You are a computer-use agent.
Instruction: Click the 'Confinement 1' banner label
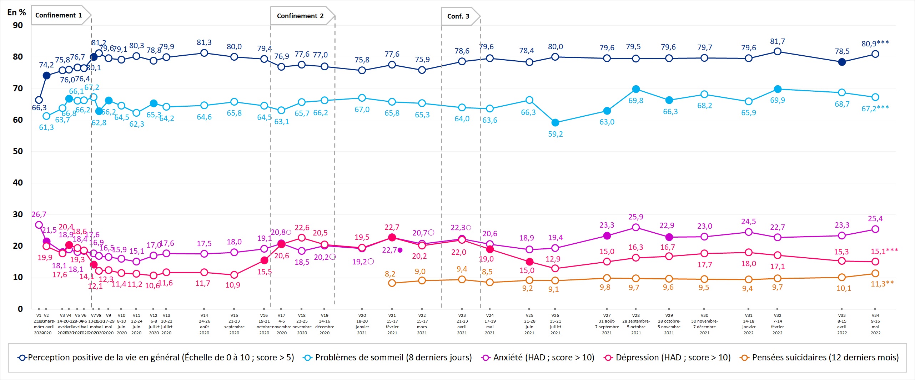[x=59, y=15]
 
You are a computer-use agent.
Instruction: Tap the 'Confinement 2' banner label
[x=300, y=16]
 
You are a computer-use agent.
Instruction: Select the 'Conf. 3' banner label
[x=458, y=16]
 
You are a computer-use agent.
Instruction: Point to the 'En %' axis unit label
[x=16, y=12]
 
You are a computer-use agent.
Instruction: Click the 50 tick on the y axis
[x=18, y=151]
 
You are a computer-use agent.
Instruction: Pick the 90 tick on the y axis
[x=18, y=25]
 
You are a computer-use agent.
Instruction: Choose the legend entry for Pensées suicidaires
[x=820, y=358]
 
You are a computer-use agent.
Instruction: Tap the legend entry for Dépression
[x=667, y=358]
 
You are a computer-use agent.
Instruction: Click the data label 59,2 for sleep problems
[x=555, y=134]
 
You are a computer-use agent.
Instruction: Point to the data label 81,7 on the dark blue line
[x=777, y=41]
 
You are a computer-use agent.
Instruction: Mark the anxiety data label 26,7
[x=39, y=214]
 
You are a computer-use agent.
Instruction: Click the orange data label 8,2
[x=390, y=274]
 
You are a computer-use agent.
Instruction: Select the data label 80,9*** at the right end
[x=875, y=44]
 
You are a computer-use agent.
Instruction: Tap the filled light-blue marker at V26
[x=555, y=123]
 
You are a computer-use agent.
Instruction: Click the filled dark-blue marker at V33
[x=842, y=62]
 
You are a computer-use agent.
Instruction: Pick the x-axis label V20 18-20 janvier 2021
[x=362, y=324]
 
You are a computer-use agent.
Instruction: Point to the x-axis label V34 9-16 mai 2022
[x=875, y=324]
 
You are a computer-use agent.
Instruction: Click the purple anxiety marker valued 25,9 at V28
[x=636, y=227]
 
